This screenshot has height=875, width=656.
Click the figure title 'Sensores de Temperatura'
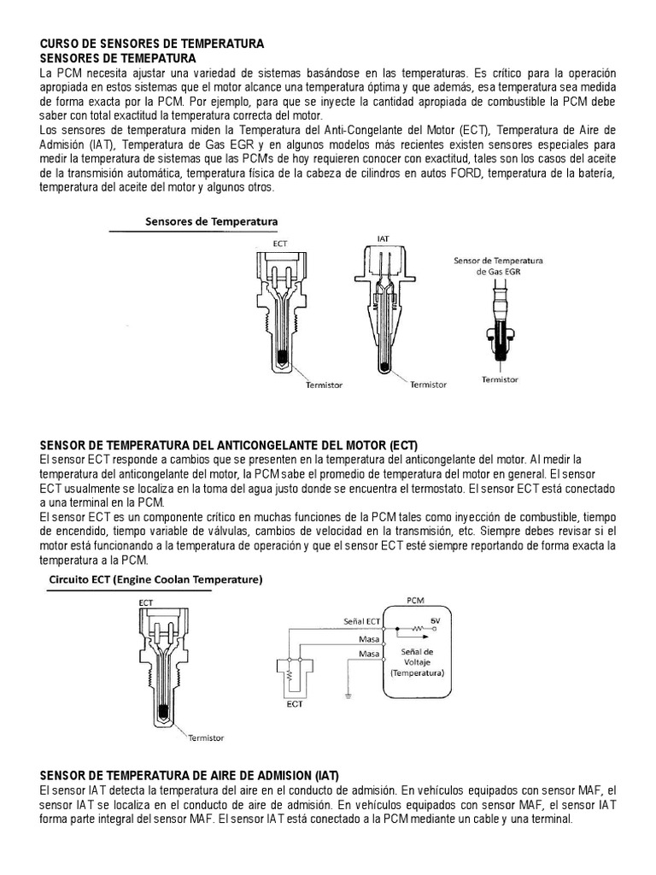211,221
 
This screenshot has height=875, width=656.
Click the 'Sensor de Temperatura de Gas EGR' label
499,265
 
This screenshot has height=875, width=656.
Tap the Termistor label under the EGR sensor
499,378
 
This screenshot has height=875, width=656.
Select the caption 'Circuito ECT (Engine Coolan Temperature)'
154,579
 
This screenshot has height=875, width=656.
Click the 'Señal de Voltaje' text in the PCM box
417,655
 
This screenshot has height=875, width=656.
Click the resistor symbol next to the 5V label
417,630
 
